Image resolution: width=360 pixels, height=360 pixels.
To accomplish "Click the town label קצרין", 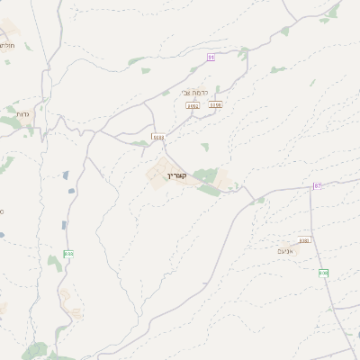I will (175, 175).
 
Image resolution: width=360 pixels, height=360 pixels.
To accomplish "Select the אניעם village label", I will (287, 250).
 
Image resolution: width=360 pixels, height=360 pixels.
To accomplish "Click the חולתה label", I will (6, 44).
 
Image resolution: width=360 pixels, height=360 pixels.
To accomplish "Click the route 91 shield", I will (211, 57).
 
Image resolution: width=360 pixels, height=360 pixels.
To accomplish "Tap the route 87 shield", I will (317, 185).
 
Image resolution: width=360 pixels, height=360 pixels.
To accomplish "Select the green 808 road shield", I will (323, 273).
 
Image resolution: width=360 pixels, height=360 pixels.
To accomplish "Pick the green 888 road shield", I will (68, 255).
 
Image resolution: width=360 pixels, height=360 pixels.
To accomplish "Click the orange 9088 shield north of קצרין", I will (158, 137).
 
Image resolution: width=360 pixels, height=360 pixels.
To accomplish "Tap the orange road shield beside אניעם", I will (304, 240).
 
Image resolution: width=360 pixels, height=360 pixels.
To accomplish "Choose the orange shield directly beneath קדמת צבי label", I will (193, 105).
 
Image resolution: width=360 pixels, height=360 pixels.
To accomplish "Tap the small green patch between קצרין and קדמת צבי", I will (205, 146).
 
